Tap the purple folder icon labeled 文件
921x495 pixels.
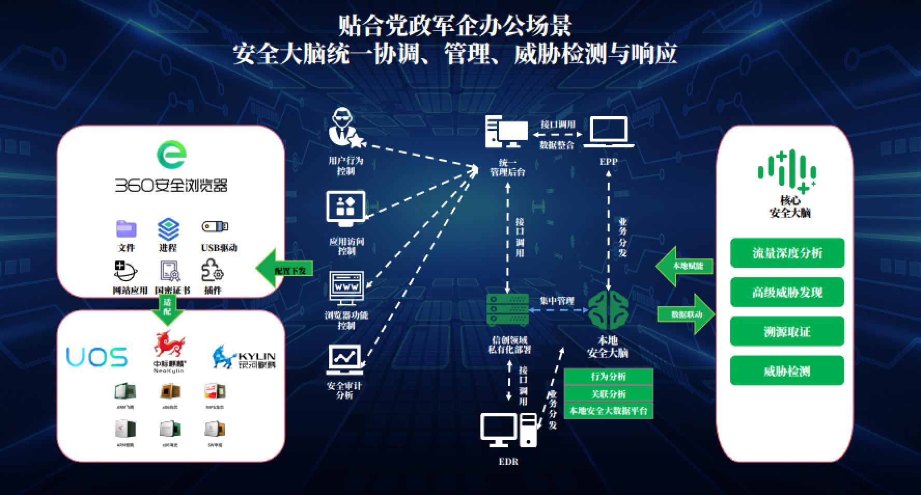click(126, 229)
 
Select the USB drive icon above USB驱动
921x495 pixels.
click(215, 227)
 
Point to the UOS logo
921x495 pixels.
click(97, 357)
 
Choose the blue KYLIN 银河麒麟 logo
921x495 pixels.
click(244, 357)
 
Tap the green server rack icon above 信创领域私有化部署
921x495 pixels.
click(507, 310)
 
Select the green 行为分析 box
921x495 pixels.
click(608, 377)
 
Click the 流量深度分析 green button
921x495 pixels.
click(787, 253)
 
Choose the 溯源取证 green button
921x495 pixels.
click(787, 332)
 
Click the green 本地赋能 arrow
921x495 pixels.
click(685, 266)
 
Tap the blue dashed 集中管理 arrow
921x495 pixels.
click(557, 310)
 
